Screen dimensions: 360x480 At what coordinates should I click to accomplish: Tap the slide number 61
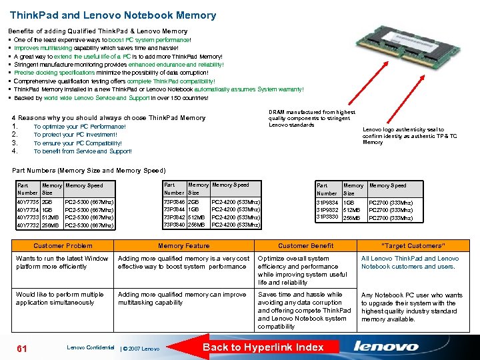21,347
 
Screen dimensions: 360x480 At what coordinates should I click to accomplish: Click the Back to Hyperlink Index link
263,347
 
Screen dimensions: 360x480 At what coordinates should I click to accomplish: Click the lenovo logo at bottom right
386,347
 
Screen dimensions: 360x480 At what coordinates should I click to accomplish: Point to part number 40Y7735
27,201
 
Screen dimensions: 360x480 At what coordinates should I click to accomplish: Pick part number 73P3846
175,201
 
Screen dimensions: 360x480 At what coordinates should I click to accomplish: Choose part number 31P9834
327,202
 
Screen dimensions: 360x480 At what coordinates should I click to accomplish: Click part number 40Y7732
27,225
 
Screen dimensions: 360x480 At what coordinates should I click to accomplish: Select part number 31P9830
327,217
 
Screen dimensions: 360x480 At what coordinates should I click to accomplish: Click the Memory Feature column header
183,246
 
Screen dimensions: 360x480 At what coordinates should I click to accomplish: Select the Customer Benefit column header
305,246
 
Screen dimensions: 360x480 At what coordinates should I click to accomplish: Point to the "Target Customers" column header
412,246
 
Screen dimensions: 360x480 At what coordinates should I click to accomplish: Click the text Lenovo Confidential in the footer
90,347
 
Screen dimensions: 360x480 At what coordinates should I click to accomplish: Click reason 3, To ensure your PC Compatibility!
77,143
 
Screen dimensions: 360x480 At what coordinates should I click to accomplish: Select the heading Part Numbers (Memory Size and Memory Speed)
89,171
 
